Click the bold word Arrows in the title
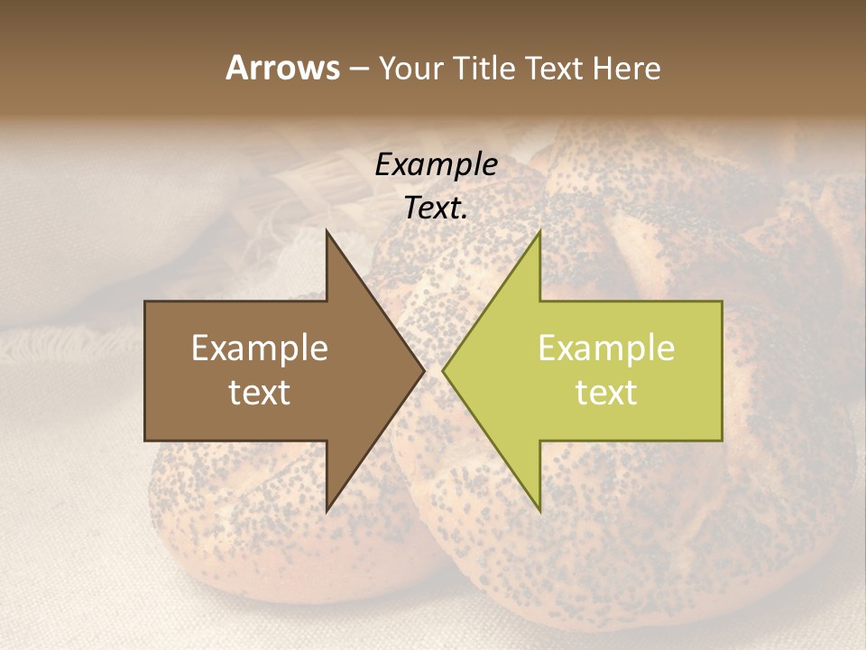coord(282,68)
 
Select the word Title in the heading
coord(484,69)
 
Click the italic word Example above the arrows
coord(437,164)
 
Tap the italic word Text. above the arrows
coord(437,209)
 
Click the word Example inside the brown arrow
coord(260,348)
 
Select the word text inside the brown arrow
coord(260,393)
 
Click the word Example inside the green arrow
coord(606,348)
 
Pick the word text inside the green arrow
coord(606,393)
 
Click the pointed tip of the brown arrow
coord(424,371)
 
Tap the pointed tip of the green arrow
coord(443,371)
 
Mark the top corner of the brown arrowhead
coord(327,230)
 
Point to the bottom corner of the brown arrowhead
coord(327,512)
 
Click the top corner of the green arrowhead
coord(539,230)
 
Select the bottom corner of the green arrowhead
coord(539,512)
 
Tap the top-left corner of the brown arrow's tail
coord(145,302)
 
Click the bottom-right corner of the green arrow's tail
coord(722,440)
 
